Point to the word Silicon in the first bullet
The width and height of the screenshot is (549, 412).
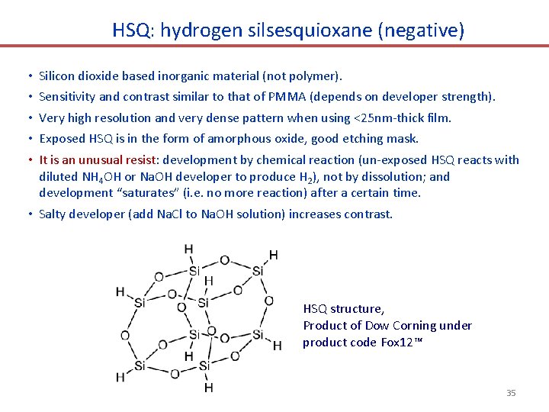(58, 76)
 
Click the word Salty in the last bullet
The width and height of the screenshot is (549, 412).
(53, 214)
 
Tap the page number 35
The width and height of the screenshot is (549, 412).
(511, 393)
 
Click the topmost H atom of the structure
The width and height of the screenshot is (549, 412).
(188, 249)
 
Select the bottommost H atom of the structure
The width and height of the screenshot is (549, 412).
(208, 388)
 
